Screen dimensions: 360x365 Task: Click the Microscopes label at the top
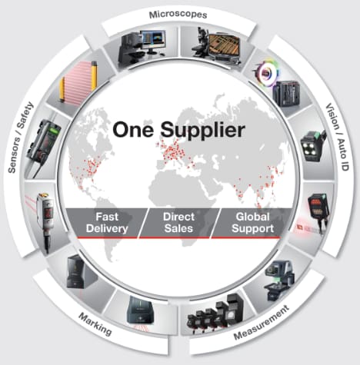(x=178, y=15)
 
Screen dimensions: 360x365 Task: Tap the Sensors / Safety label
(x=21, y=138)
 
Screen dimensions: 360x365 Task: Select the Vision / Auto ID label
(x=338, y=137)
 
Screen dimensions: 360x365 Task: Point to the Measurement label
(x=262, y=323)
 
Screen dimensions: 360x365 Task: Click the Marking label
(x=95, y=324)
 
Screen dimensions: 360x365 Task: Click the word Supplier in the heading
(x=202, y=130)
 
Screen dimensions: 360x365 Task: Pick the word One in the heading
(x=133, y=129)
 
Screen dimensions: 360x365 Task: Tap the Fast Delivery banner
(x=107, y=223)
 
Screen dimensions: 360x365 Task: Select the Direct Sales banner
(x=178, y=223)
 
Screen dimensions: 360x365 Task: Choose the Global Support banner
(x=252, y=223)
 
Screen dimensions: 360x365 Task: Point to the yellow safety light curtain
(x=78, y=82)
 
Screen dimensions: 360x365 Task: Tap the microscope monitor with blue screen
(x=154, y=40)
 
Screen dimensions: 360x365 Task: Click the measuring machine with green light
(x=279, y=279)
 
